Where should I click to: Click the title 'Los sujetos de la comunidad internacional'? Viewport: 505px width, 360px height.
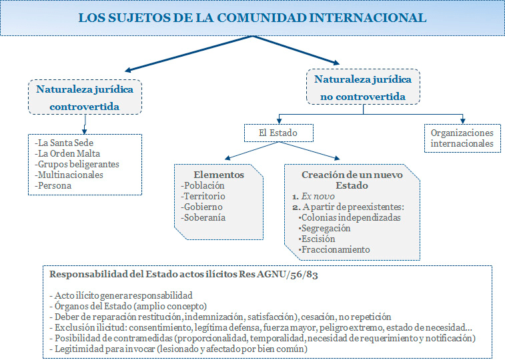tap(252, 18)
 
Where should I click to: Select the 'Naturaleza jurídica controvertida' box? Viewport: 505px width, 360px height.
tap(84, 97)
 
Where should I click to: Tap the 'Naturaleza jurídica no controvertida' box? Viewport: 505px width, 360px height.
tap(363, 87)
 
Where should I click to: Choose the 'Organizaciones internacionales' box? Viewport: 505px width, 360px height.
tap(462, 138)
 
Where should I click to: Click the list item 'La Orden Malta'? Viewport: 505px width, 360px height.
tap(65, 154)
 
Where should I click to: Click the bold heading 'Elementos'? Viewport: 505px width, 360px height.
tap(218, 175)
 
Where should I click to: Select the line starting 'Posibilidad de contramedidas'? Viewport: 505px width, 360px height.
tap(262, 339)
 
